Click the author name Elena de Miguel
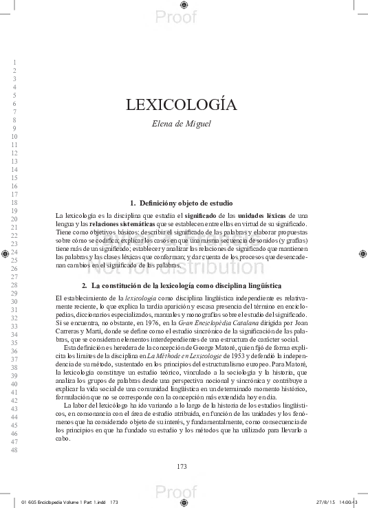coord(181,124)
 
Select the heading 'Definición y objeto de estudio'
coord(181,203)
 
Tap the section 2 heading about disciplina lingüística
coord(181,285)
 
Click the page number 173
coord(182,467)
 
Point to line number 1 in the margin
coord(14,63)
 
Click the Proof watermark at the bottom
coord(172,493)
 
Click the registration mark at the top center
coord(183,5)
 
